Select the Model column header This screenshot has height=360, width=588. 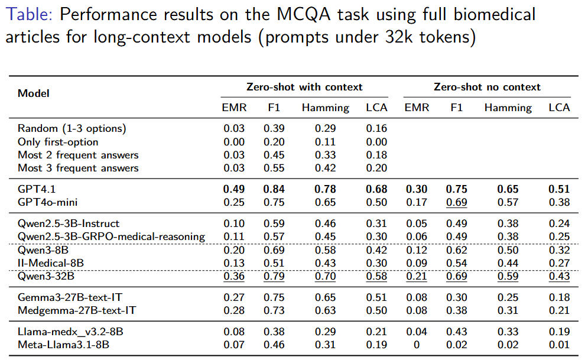pos(34,93)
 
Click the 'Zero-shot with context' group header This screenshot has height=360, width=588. pos(304,87)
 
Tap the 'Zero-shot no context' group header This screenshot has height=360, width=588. pos(487,87)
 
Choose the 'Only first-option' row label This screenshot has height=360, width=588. pos(58,142)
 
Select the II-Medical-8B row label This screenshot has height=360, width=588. pos(50,263)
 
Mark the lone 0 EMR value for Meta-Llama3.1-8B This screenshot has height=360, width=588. pos(417,345)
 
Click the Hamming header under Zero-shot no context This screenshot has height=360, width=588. pos(508,108)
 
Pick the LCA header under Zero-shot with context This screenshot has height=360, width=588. pos(376,108)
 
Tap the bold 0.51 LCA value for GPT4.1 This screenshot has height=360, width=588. pos(558,189)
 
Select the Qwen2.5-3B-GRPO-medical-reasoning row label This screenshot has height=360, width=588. pos(111,236)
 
